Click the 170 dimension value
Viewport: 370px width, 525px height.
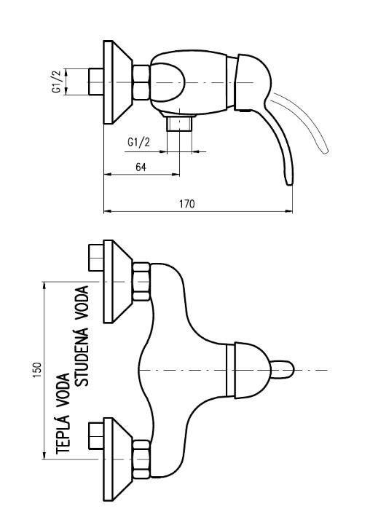click(x=187, y=204)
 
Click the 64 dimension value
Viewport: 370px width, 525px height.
click(x=141, y=167)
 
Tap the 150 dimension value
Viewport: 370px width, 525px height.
click(x=37, y=371)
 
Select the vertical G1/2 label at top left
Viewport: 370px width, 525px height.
click(x=57, y=82)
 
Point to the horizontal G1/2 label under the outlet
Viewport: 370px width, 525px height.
click(x=138, y=142)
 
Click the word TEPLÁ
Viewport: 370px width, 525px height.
click(x=63, y=433)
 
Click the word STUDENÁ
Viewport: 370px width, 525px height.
click(x=82, y=357)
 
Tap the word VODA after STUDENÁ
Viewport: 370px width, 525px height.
click(x=82, y=302)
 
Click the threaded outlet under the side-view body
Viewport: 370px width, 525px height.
click(x=179, y=124)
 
